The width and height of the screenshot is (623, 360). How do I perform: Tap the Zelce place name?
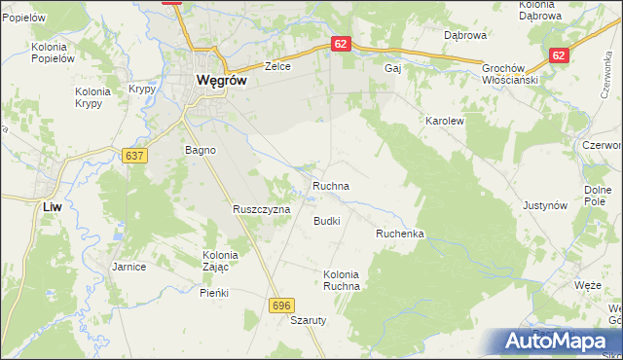(x=280, y=67)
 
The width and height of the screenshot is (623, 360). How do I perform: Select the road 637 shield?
(x=134, y=155)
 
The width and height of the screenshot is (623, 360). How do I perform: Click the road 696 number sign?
(x=281, y=306)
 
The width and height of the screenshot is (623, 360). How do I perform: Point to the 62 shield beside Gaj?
(x=339, y=45)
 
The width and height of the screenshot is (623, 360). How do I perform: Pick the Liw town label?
(x=54, y=207)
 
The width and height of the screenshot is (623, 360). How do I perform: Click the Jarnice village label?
(x=128, y=266)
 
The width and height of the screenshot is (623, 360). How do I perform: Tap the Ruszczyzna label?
(x=262, y=209)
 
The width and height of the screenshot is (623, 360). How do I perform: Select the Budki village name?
(x=326, y=221)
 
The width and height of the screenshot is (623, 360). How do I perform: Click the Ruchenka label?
(x=399, y=234)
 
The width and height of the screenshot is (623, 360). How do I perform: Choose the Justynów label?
(x=545, y=206)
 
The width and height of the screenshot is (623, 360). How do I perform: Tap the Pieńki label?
(x=213, y=292)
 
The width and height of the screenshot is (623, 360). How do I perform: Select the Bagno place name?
(x=200, y=151)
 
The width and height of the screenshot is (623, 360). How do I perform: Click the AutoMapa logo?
(x=561, y=342)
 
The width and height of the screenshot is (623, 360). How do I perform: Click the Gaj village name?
(x=393, y=68)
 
